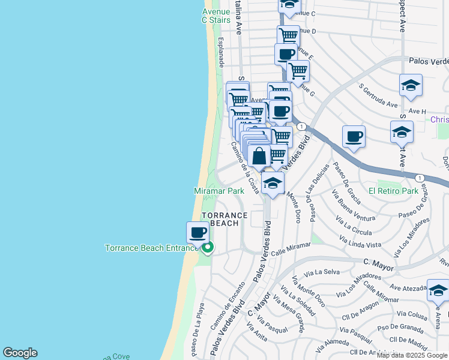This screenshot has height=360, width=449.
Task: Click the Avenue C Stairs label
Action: tap(215, 16)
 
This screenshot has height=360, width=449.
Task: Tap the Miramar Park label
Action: tap(219, 191)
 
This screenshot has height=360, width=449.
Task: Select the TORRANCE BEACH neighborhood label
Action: tap(224, 219)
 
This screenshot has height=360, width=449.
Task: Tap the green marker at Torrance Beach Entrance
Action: tap(208, 247)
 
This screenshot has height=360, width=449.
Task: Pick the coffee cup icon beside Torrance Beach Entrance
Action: tap(197, 232)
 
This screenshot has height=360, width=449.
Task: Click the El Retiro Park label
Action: tap(393, 191)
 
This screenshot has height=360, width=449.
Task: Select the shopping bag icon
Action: tap(259, 157)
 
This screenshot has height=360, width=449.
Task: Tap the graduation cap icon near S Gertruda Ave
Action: tap(411, 85)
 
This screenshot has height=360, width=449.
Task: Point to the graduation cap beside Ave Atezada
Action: tap(438, 290)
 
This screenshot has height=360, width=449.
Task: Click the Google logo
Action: tap(20, 353)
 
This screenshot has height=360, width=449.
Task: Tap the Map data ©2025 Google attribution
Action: tap(412, 355)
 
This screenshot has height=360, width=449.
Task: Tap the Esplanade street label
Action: tap(221, 51)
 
